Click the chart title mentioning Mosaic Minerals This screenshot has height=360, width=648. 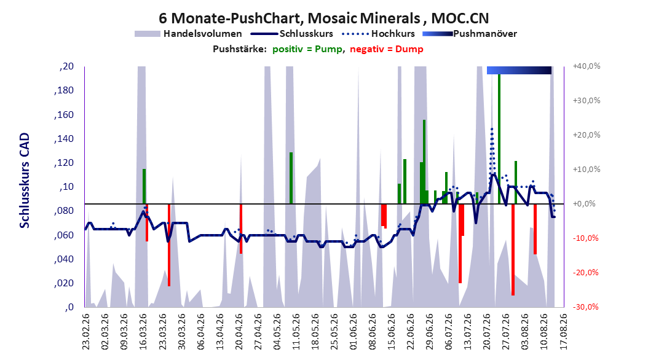tap(323, 18)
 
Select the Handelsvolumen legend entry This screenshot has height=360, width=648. tap(189, 34)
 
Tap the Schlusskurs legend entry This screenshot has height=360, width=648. tap(292, 34)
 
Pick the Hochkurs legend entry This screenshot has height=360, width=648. tap(379, 34)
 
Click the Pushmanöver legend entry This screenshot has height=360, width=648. tap(470, 34)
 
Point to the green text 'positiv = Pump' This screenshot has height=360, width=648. tap(307, 49)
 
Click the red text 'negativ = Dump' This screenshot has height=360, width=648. tap(387, 49)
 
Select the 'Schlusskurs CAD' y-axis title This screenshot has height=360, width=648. tap(25, 181)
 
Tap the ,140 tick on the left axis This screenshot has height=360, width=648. tap(64, 139)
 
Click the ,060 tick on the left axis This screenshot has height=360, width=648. tap(64, 235)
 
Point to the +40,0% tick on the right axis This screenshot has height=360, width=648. tap(587, 66)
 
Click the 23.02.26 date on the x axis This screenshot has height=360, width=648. tap(85, 332)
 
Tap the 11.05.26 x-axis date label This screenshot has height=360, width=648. tap(296, 332)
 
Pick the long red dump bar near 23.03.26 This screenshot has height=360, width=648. tap(169, 245)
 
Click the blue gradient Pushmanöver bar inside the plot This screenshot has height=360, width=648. tap(519, 70)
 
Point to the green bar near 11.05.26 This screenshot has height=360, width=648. tap(291, 178)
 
